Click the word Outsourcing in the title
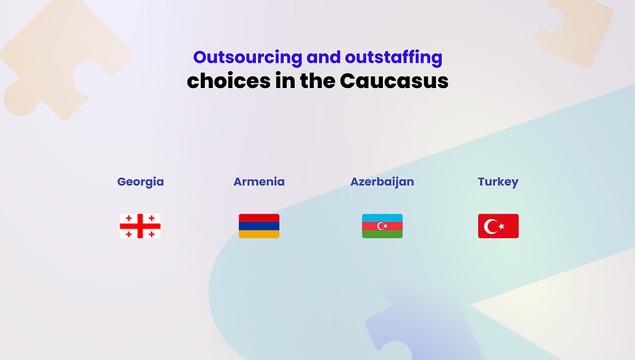[248, 58]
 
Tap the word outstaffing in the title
[393, 58]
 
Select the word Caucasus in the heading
[394, 81]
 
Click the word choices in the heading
[228, 81]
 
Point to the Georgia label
[141, 182]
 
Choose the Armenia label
[259, 181]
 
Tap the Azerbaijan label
[382, 182]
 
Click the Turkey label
[498, 182]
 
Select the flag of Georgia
[140, 226]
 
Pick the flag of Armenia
[259, 226]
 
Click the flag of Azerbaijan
[382, 226]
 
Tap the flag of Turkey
[498, 226]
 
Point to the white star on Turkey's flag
[502, 227]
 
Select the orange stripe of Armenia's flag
[259, 234]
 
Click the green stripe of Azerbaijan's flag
[382, 234]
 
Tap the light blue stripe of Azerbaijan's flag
[382, 218]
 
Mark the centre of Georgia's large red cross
[140, 226]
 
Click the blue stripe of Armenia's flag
[259, 226]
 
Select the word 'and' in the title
[323, 58]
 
